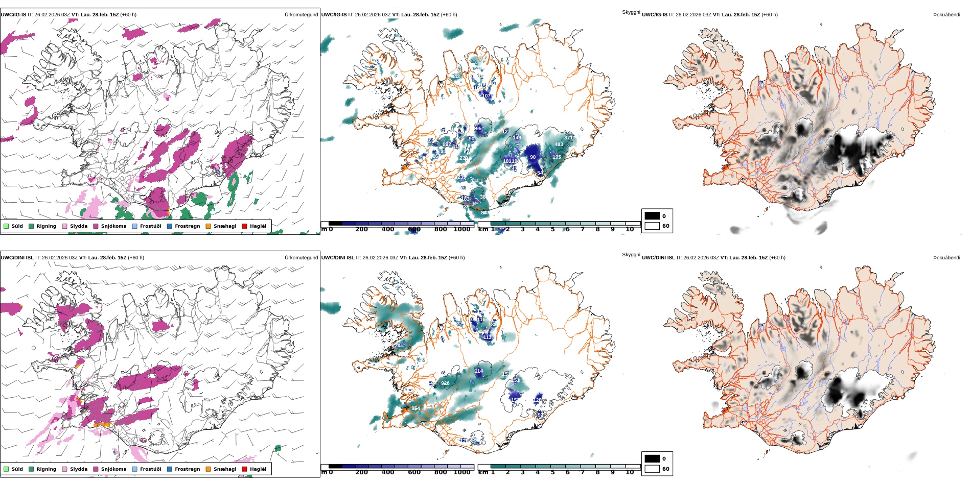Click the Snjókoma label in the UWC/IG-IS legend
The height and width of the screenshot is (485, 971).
[113, 226]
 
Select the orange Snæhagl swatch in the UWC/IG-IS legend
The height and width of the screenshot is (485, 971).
[208, 226]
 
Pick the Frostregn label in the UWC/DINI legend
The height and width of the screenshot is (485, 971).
[187, 469]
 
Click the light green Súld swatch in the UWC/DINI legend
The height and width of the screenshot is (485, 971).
[6, 469]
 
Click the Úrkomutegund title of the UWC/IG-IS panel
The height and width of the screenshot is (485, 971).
[301, 15]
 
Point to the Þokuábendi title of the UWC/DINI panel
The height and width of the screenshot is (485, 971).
[946, 258]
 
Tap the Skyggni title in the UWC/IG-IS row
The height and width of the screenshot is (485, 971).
[631, 12]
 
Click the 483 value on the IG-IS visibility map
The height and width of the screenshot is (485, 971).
[559, 144]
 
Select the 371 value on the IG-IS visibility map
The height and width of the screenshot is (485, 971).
[568, 138]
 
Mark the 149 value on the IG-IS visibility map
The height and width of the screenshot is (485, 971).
[517, 138]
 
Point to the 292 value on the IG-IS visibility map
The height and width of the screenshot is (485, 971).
[447, 144]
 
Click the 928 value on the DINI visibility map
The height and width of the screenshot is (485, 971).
[445, 383]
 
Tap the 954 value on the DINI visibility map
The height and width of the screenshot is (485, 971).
[416, 408]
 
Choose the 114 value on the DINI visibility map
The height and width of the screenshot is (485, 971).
[479, 371]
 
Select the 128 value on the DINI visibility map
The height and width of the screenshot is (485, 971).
[538, 400]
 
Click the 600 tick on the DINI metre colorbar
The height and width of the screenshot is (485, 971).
[414, 472]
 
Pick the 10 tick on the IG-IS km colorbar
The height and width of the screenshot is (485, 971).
[630, 229]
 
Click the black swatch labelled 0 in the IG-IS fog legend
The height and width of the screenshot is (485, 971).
[652, 216]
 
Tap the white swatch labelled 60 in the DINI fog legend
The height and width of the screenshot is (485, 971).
[652, 469]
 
